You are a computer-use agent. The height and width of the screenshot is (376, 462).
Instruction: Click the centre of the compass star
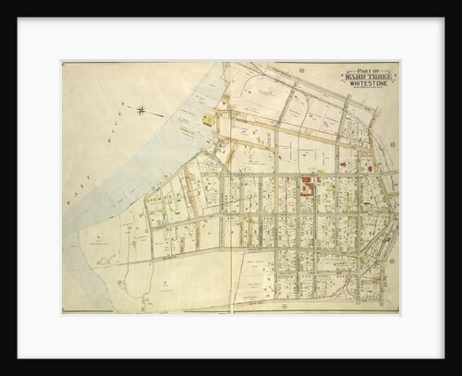[140, 111]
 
